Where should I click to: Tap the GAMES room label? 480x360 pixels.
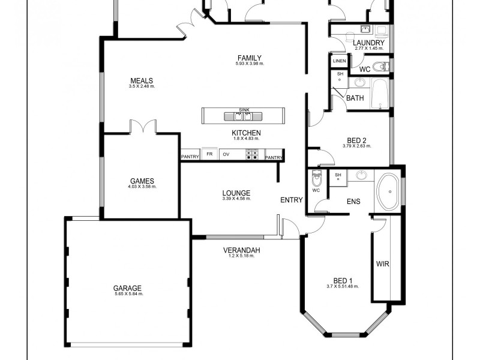(142, 181)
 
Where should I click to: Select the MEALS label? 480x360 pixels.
(142, 81)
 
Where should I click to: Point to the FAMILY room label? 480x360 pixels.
(250, 58)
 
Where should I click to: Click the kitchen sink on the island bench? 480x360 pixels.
(244, 116)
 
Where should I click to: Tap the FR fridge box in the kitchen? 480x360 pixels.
(209, 155)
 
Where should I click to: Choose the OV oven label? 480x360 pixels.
(226, 155)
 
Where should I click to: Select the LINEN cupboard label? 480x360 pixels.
(340, 61)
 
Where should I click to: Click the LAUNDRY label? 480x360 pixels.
(368, 43)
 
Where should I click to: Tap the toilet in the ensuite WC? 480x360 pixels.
(316, 178)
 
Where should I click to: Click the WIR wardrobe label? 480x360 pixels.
(382, 263)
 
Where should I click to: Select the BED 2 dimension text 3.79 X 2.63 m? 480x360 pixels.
(357, 146)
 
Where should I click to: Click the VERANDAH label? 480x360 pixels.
(241, 250)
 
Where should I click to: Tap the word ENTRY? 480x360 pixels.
(292, 200)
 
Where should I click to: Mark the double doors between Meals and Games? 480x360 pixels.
(142, 127)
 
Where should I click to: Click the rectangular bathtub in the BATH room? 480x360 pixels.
(379, 94)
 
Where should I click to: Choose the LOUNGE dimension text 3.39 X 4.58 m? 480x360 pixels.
(236, 199)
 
